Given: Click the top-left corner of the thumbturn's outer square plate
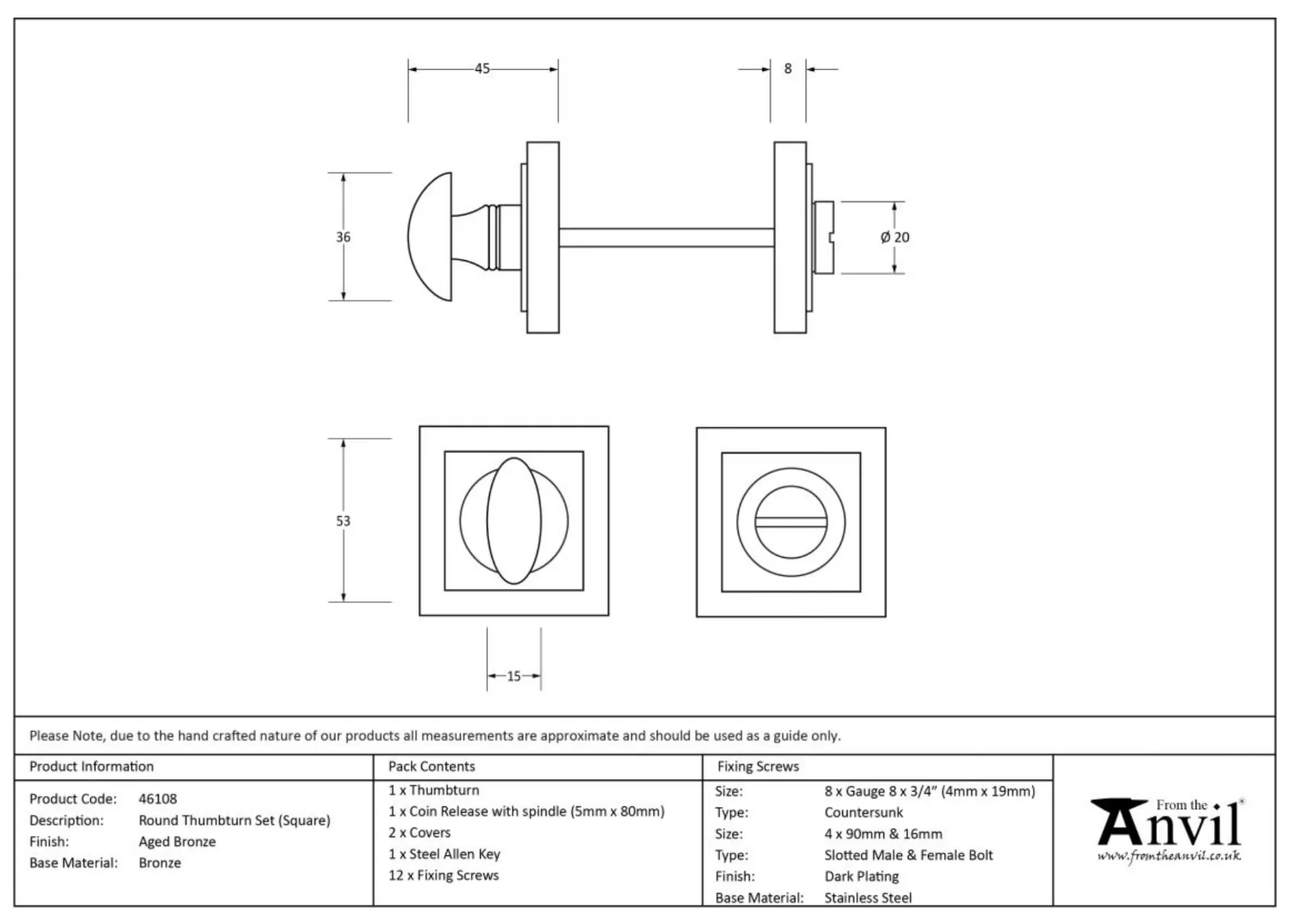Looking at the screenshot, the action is point(420,427).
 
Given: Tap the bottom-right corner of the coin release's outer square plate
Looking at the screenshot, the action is point(885,616).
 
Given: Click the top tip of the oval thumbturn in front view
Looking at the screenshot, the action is point(514,458).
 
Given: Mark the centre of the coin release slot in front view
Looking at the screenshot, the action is point(790,522).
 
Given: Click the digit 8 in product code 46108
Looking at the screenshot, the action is point(172,799).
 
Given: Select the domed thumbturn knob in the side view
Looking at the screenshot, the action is point(430,237).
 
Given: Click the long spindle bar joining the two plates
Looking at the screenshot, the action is point(666,237).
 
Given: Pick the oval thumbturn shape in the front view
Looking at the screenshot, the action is point(514,521).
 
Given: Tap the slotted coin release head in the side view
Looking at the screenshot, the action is point(823,237).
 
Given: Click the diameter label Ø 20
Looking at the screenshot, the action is point(895,237).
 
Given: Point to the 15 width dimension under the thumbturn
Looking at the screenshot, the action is point(514,676).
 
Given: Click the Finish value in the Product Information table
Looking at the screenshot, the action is point(177,842).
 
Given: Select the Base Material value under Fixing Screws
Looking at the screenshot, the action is point(868,898).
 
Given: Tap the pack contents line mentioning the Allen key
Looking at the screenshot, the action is point(444,853).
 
